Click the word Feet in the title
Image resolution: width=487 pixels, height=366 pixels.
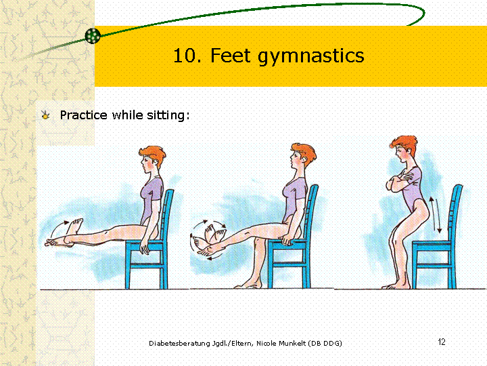(231, 56)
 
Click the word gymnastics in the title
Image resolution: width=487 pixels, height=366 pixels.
(311, 57)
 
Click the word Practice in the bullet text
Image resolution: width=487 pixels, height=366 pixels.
(84, 115)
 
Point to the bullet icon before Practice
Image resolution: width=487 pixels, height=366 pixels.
(45, 115)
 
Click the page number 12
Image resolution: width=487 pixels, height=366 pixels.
(441, 342)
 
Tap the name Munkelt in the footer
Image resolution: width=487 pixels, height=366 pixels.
(292, 343)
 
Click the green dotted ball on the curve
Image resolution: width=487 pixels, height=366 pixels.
(93, 36)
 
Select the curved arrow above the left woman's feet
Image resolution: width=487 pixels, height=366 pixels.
(57, 229)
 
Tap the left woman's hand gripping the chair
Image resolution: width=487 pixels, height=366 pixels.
(144, 247)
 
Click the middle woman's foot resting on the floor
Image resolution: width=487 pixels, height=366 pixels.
(248, 285)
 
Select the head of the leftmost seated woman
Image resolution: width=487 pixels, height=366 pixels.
(153, 159)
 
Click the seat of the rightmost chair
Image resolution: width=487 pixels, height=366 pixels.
(432, 244)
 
